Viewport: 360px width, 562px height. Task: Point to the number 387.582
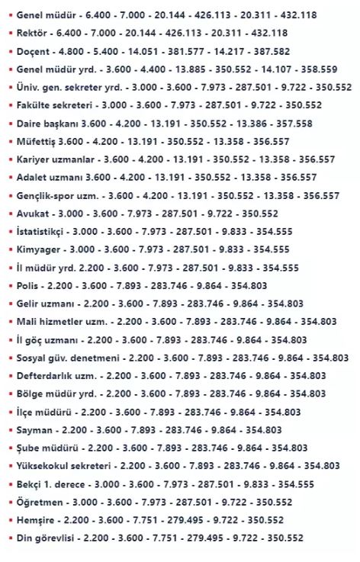coord(272,51)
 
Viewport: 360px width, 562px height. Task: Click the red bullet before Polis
coord(9,286)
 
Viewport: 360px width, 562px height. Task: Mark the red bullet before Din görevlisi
coord(9,538)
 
